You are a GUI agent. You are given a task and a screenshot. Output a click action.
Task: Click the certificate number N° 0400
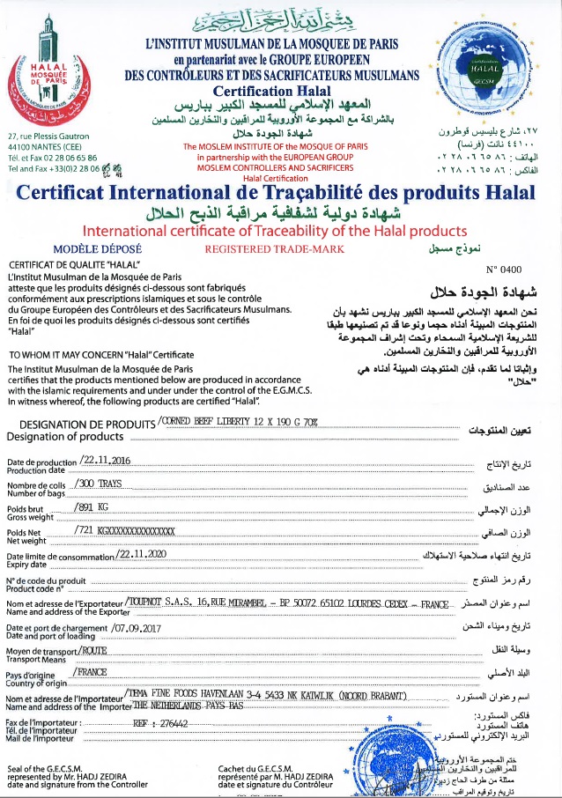click(504, 271)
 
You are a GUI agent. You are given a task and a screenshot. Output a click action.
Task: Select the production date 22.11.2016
click(105, 461)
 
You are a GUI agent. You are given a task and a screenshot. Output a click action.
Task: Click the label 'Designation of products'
click(65, 436)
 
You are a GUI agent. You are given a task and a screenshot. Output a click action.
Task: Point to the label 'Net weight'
click(26, 540)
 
